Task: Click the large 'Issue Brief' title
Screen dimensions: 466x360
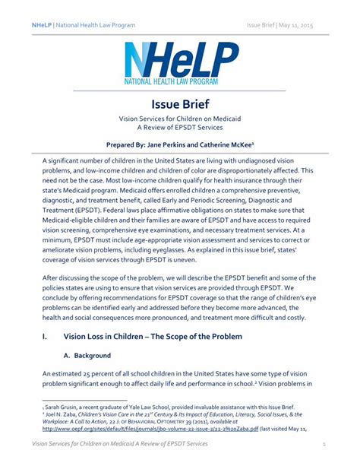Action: click(179, 103)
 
